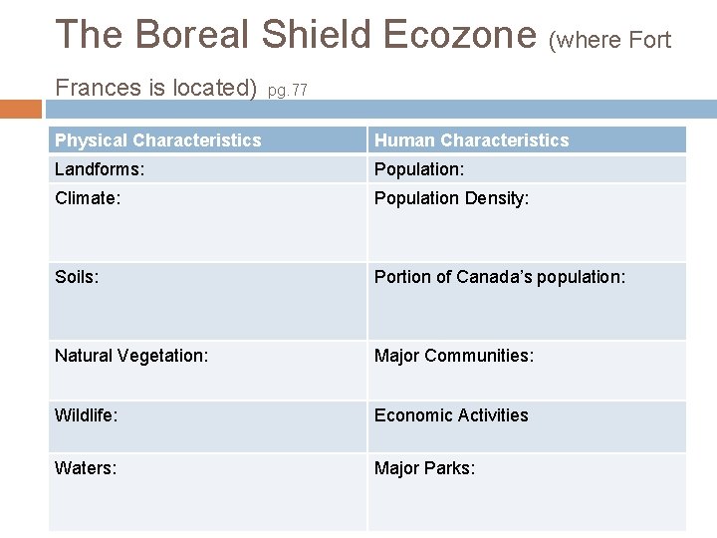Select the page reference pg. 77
point(288,91)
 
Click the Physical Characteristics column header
point(157,140)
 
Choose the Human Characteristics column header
point(471,140)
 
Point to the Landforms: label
point(100,169)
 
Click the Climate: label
point(88,198)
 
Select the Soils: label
point(77,277)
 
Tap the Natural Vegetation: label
point(131,356)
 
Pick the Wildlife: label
point(87,415)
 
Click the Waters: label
point(86,468)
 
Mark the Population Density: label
point(451,198)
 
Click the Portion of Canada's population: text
point(500,277)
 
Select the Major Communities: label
point(453,356)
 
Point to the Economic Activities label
point(451,415)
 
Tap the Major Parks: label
point(424,468)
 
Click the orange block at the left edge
point(20,109)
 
